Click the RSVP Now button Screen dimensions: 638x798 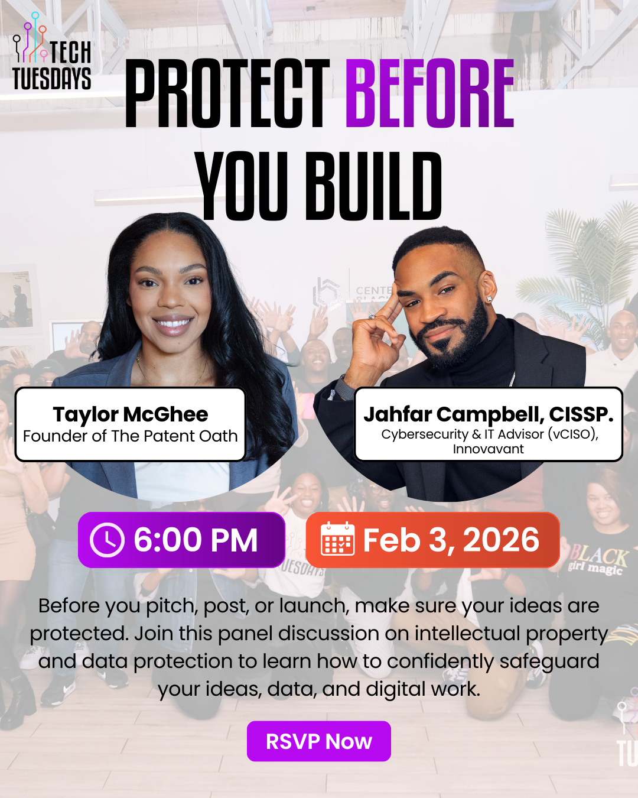pos(319,741)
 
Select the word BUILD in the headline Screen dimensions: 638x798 pos(374,186)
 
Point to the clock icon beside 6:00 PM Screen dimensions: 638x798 pos(107,540)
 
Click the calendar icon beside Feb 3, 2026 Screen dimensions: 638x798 pos(337,539)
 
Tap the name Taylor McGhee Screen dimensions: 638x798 pos(131,414)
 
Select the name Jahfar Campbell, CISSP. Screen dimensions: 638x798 pos(489,414)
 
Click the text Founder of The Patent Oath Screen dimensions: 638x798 pos(131,436)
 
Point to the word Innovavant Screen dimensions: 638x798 pos(488,449)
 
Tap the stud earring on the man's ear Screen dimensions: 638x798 pos(489,299)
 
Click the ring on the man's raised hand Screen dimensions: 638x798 pos(372,317)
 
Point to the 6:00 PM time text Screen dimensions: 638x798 pos(196,540)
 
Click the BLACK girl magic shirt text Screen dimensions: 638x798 pos(598,560)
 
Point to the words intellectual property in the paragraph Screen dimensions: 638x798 pos(511,634)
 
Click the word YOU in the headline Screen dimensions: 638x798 pos(242,186)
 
